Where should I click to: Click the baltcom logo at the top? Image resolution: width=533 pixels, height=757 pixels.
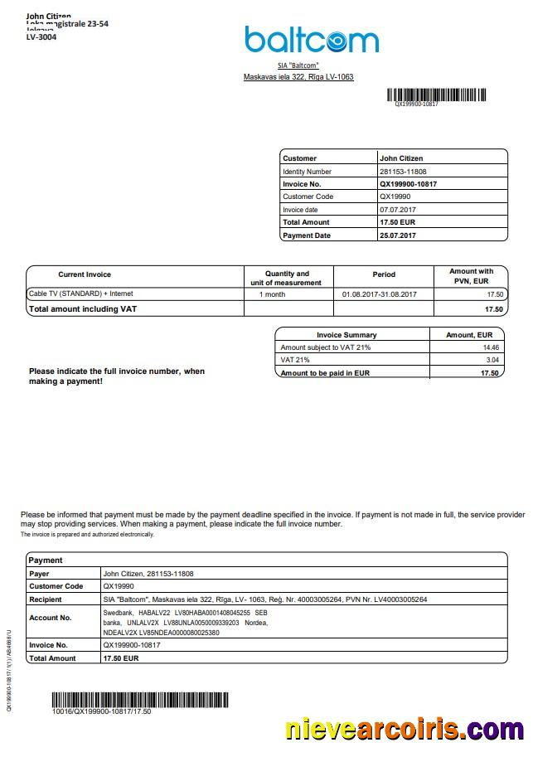pos(311,40)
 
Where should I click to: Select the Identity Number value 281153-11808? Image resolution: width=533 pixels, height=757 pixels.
pos(403,171)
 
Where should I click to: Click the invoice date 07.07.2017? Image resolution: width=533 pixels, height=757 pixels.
pos(397,210)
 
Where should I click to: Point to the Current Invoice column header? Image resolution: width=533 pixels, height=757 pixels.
pos(85,274)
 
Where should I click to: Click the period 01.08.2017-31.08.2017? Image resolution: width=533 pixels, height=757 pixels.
pos(379,294)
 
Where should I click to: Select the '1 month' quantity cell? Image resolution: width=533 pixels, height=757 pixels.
pos(272,294)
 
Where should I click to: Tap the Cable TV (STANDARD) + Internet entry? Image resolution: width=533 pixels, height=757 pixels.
pos(80,294)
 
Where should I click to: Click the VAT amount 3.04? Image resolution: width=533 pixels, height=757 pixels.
pos(492,361)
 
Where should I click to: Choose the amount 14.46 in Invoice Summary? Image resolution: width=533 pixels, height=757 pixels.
pos(492,347)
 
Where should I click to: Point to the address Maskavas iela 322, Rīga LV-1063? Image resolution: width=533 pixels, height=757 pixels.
pos(298,77)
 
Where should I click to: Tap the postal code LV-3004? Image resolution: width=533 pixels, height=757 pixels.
pos(41,37)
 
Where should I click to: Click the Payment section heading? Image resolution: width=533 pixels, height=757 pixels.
pos(46,560)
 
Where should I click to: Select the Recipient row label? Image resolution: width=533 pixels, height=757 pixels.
pos(46,599)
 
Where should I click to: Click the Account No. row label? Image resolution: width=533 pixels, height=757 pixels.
pos(50,618)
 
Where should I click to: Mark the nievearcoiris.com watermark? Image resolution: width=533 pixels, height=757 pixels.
pos(405,730)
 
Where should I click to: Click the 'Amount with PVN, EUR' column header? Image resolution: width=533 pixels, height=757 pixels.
pos(471,276)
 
